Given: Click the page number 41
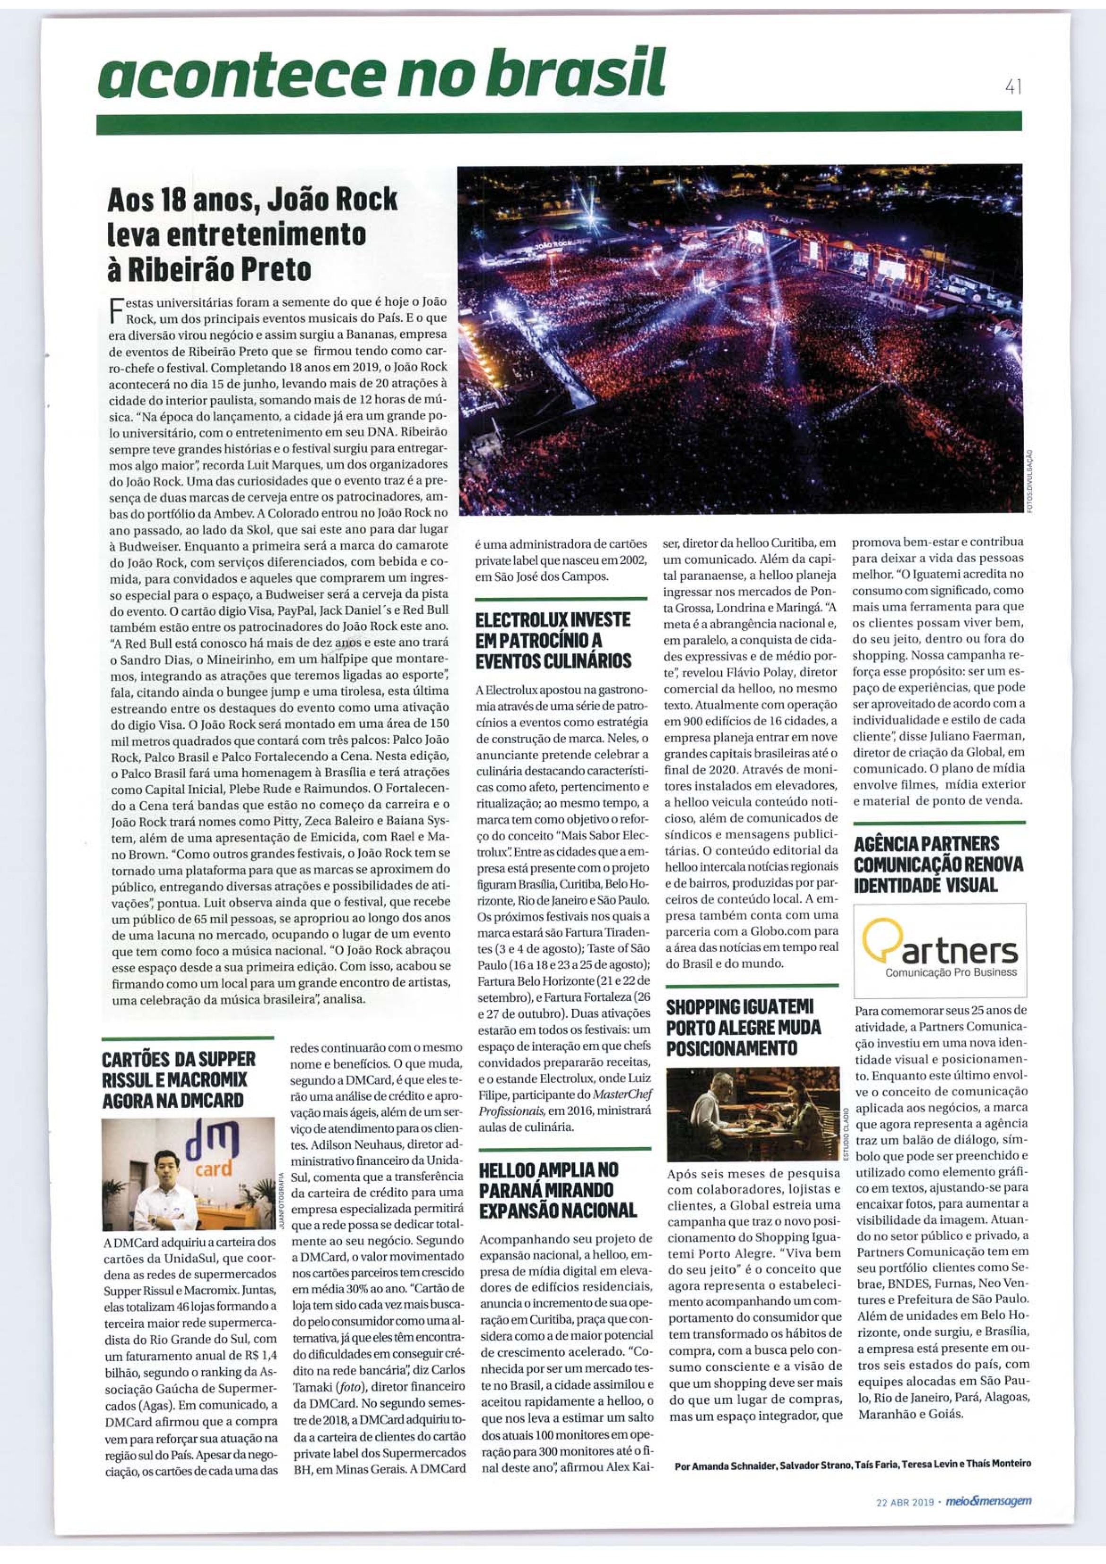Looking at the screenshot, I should (1012, 88).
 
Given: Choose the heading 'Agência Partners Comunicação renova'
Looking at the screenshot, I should (938, 864).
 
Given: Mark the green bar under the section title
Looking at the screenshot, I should (559, 123).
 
